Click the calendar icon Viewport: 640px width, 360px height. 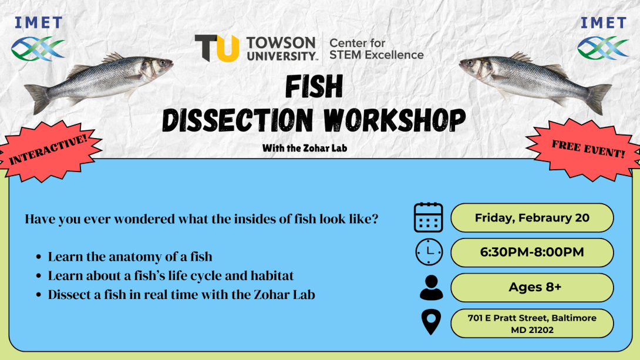tap(429, 217)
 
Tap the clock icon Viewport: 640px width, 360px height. tap(429, 253)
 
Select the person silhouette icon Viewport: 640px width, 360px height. tap(432, 288)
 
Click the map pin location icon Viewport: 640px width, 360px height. tap(432, 322)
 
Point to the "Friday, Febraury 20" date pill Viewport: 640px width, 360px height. tap(532, 218)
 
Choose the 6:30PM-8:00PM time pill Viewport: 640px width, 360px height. tap(532, 253)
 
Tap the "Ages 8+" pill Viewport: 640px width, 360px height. tap(532, 288)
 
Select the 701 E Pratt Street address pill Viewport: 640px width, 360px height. tap(532, 324)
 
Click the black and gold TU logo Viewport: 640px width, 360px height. tap(216, 48)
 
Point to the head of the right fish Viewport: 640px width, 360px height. tap(476, 66)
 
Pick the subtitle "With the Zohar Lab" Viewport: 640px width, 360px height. tap(305, 148)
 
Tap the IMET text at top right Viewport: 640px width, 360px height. tap(603, 22)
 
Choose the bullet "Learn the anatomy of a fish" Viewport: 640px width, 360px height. tap(130, 257)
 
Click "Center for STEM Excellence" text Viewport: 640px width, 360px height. tap(376, 49)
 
